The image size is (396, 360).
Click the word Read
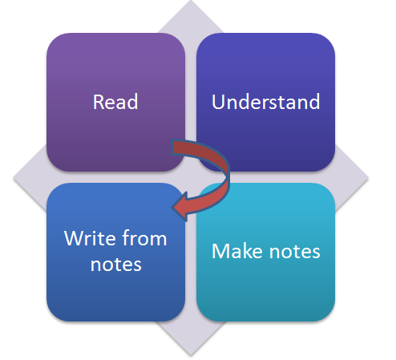(115, 102)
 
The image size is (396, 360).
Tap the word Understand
(265, 102)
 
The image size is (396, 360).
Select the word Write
(91, 238)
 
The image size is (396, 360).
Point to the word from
(144, 237)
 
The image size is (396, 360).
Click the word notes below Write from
(115, 265)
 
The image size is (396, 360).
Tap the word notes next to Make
(295, 251)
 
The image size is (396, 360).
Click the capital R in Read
(99, 102)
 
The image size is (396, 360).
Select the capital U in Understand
(218, 102)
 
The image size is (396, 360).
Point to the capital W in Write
(75, 238)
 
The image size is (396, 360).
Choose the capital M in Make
(220, 251)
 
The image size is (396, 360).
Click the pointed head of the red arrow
(172, 207)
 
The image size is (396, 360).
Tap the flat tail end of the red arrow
(172, 147)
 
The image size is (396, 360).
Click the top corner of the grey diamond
(191, 1)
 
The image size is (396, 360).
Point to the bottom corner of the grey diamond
(191, 356)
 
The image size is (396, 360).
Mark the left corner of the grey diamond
(14, 178)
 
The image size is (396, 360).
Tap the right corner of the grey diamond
(368, 178)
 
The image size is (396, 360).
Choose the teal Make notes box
(265, 252)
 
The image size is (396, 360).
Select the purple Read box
(115, 102)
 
